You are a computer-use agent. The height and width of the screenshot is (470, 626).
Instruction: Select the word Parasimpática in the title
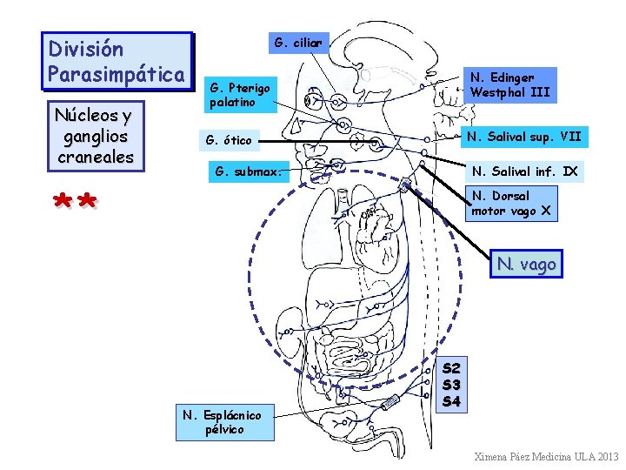117,74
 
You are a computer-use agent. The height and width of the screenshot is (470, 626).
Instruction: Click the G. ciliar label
298,42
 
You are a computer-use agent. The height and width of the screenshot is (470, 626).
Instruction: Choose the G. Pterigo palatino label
241,95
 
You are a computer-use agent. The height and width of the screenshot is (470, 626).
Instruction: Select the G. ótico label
228,140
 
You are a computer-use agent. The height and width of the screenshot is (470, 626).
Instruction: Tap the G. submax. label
248,171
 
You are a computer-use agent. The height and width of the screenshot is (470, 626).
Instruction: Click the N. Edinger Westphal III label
509,84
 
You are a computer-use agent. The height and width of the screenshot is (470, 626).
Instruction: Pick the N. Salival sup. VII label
523,137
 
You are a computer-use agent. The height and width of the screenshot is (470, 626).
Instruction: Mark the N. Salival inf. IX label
524,171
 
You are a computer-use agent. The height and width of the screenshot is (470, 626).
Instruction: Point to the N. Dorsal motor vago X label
510,203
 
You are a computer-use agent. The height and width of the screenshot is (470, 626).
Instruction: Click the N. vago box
526,264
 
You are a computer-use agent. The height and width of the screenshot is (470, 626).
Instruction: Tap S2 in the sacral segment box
451,369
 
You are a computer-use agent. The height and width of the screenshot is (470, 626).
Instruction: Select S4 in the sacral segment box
451,401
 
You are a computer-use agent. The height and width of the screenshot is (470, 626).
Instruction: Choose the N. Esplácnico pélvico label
222,422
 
